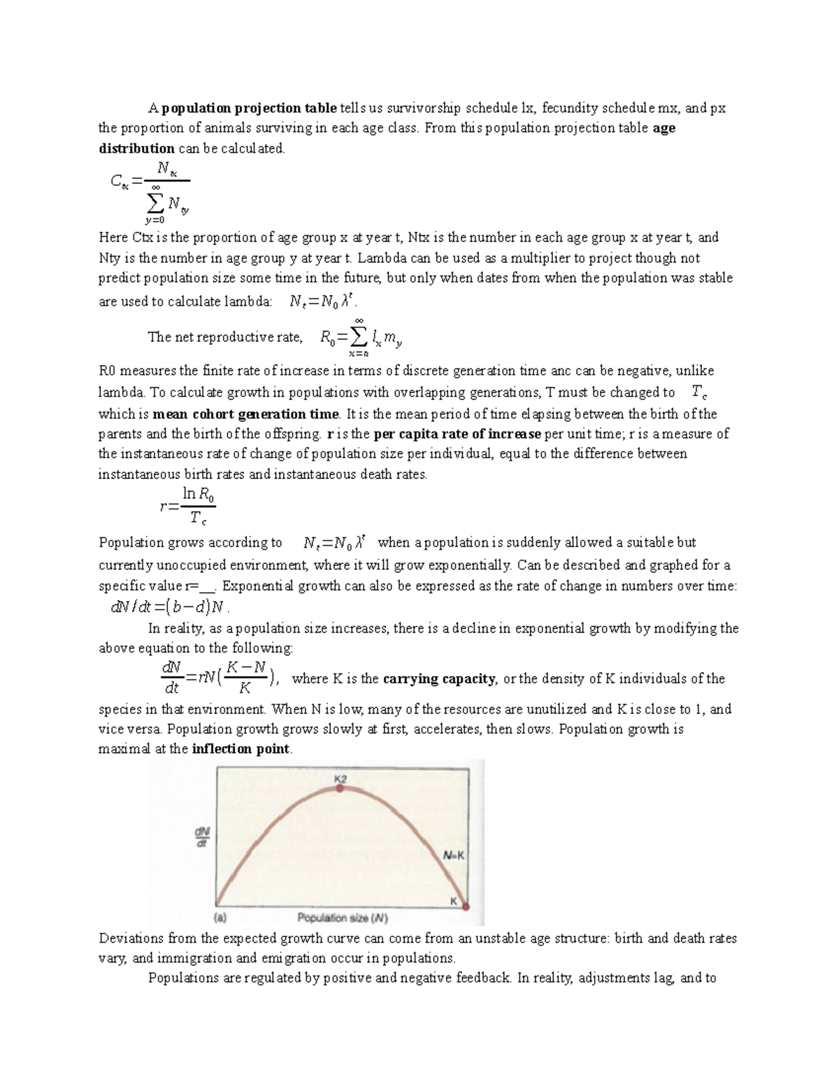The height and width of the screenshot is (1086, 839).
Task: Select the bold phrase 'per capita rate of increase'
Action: click(457, 434)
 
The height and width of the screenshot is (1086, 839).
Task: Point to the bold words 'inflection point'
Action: click(241, 749)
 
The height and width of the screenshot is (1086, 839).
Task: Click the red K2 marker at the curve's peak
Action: click(340, 788)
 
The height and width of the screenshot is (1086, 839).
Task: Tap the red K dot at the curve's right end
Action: click(466, 906)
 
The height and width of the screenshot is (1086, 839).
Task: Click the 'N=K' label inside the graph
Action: click(454, 855)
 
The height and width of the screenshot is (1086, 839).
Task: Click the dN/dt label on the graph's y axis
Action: click(202, 837)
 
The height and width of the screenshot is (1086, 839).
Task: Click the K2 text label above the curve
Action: click(340, 778)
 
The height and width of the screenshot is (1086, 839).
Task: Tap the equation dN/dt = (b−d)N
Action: click(170, 607)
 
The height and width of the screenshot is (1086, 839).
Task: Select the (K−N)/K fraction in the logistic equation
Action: click(247, 678)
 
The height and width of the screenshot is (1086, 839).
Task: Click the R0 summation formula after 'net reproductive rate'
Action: click(360, 338)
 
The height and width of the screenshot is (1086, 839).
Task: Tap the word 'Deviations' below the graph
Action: click(131, 938)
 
